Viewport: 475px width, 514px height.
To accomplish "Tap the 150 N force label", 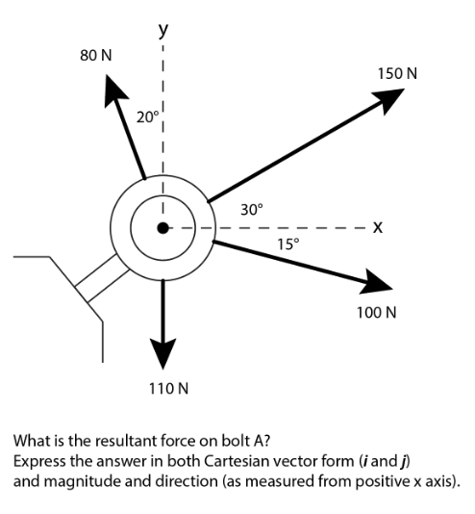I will [397, 73].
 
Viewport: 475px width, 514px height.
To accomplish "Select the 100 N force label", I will [376, 314].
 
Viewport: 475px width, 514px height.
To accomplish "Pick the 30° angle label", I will [250, 209].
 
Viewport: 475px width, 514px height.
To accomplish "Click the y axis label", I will [163, 30].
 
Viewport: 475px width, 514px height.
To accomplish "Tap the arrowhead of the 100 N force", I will [377, 281].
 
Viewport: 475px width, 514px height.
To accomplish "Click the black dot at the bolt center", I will [164, 228].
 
